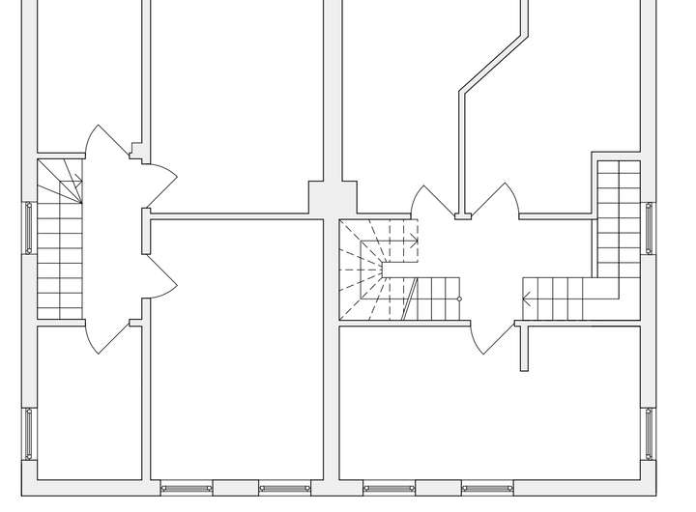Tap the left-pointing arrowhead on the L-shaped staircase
pyautogui.click(x=526, y=298)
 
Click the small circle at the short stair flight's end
pyautogui.click(x=459, y=299)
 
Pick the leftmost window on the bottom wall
pyautogui.click(x=186, y=488)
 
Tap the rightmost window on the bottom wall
pyautogui.click(x=486, y=488)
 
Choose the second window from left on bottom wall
pyautogui.click(x=285, y=488)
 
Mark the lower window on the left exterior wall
pyautogui.click(x=28, y=435)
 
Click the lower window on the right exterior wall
pyautogui.click(x=649, y=435)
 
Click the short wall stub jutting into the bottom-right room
pyautogui.click(x=525, y=348)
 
